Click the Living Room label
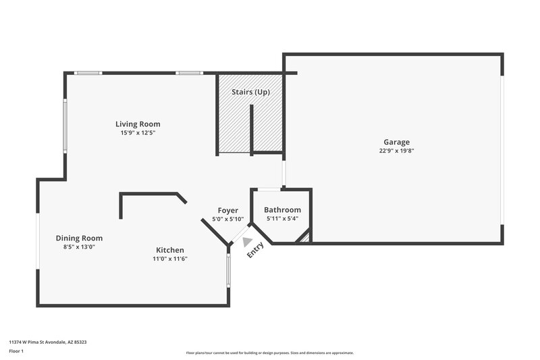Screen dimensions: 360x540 [138, 124]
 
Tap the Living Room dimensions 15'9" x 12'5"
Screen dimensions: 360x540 [138, 133]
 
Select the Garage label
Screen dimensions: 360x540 [397, 142]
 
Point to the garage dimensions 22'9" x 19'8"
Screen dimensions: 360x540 [397, 151]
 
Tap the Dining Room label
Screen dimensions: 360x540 [79, 238]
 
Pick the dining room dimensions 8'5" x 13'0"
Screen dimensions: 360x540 [79, 247]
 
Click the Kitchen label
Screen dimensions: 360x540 [169, 250]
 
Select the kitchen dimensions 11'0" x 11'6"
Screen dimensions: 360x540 [169, 259]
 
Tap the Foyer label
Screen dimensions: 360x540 [227, 211]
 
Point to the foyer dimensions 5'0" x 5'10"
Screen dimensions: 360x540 [227, 220]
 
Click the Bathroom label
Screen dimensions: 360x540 [282, 210]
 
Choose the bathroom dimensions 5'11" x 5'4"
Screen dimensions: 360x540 [282, 219]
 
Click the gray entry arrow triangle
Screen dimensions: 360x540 [247, 241]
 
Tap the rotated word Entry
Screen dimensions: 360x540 [255, 249]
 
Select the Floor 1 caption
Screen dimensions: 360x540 [16, 352]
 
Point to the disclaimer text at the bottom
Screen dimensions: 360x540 [270, 353]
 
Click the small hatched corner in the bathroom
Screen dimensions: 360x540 [305, 237]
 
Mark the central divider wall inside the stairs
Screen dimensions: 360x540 [251, 128]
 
